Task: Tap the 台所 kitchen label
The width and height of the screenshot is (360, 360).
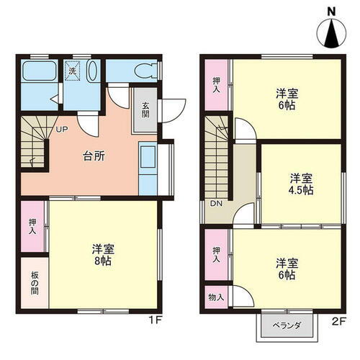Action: [91, 156]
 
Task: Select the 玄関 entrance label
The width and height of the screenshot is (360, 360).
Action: [144, 109]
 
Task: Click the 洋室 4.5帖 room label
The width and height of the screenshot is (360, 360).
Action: [302, 184]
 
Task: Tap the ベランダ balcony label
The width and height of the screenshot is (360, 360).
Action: [286, 325]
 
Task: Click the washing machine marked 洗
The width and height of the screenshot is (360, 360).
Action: [73, 71]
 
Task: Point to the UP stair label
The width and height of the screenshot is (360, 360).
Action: [62, 130]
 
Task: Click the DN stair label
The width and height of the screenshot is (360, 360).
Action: [216, 204]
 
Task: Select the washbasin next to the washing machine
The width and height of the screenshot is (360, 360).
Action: [93, 71]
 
